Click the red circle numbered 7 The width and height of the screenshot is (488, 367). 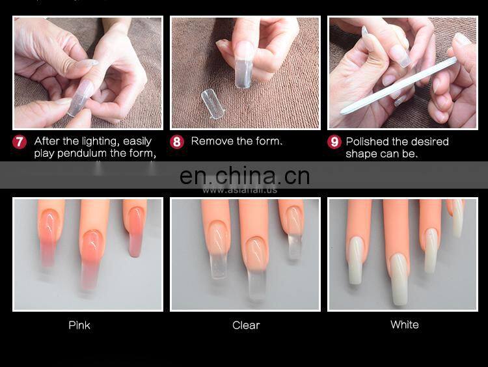coord(20,142)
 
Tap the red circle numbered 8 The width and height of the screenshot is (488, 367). coord(177,142)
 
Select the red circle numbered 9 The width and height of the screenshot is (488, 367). coord(334,142)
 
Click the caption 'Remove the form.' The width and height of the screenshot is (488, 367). coord(237,141)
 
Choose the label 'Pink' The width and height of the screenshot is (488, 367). coord(79,325)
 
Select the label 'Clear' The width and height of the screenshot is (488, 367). coord(246,325)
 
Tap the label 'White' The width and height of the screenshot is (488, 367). coord(404,325)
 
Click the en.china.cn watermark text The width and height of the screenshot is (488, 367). coord(244,176)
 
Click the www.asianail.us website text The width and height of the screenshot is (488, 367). coord(239,190)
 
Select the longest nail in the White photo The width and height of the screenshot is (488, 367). coord(398,277)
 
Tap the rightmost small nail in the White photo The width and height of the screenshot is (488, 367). coord(457,221)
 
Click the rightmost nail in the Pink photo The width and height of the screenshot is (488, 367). coord(135,231)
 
